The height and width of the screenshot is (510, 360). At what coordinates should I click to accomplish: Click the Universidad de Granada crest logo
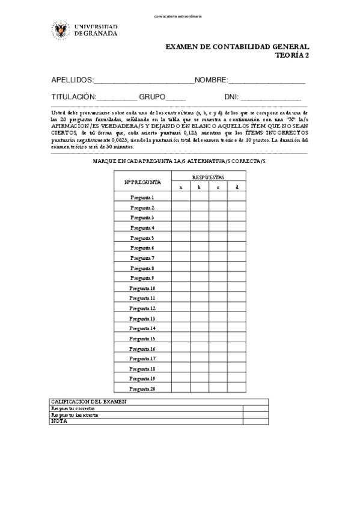click(60, 29)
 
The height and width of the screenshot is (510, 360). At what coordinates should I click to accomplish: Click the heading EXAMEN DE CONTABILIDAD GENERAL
click(237, 46)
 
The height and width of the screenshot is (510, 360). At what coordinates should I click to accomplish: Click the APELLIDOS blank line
click(144, 82)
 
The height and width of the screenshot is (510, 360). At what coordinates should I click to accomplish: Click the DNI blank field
click(271, 98)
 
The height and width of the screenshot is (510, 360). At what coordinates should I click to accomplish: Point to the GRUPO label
click(152, 96)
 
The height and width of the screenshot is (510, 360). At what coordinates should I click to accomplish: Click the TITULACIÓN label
click(74, 96)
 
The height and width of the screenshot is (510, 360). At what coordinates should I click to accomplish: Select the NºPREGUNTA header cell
click(142, 182)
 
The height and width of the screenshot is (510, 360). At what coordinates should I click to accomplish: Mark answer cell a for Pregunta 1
click(181, 197)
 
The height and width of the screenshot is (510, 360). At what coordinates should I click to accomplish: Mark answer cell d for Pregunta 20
click(237, 389)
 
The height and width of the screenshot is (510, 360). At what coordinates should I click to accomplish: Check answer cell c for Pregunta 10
click(218, 288)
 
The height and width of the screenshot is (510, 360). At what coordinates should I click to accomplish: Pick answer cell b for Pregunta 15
click(200, 339)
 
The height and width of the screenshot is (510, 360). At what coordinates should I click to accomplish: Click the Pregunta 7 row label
click(142, 257)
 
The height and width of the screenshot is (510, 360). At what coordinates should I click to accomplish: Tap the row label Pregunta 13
click(142, 318)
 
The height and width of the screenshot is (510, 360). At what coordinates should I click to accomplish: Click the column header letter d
click(237, 187)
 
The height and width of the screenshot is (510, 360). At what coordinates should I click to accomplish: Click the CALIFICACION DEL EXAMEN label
click(88, 401)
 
